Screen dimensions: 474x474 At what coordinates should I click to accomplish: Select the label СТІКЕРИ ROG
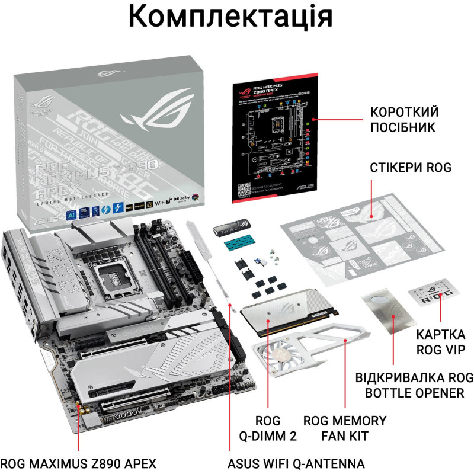point(411,168)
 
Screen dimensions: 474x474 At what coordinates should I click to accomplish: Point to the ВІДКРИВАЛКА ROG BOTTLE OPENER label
point(414,385)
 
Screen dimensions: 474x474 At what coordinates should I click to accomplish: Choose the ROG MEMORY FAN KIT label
point(345,428)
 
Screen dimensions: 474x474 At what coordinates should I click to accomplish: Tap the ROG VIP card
point(434,295)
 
